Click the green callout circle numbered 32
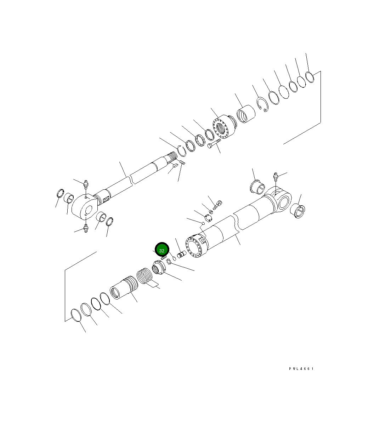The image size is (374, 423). coord(162,250)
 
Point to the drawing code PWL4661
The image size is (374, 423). coord(301,369)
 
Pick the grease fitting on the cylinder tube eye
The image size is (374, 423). coord(276,176)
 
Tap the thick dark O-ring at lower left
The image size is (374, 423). coord(96,303)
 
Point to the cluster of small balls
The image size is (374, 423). coord(169,261)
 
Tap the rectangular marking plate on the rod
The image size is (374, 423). coord(105,200)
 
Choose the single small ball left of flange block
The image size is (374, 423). coord(203,223)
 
